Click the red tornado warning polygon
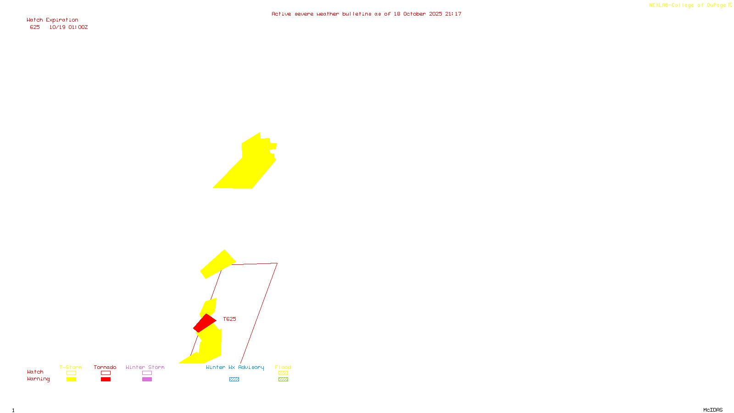point(204,323)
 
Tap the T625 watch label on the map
point(229,319)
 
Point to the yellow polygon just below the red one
point(210,344)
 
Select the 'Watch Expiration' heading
point(52,20)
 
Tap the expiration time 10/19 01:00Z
point(68,27)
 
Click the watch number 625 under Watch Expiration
point(35,27)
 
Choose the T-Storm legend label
point(71,367)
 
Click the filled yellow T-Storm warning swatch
point(71,379)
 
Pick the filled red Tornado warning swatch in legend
point(106,379)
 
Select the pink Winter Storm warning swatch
point(147,379)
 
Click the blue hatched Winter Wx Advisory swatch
point(234,379)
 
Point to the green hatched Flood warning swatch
point(283,379)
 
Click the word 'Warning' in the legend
point(38,379)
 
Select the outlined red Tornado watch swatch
point(106,373)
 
